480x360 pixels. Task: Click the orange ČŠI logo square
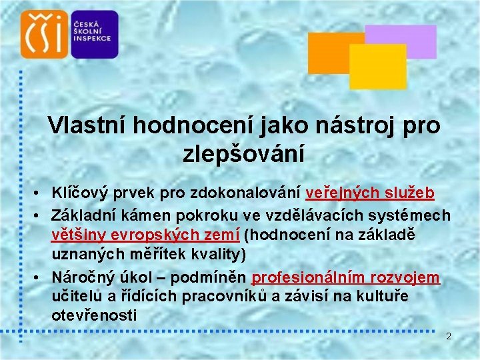point(45,34)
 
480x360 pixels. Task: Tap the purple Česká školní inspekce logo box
point(93,34)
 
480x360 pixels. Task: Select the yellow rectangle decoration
point(377,67)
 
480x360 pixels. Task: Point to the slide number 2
point(449,336)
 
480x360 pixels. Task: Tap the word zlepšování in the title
point(243,155)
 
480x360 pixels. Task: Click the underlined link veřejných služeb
point(370,193)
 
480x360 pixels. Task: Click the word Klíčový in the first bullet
point(79,193)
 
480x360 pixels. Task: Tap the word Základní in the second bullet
point(83,215)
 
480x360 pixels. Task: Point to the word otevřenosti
point(94,316)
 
